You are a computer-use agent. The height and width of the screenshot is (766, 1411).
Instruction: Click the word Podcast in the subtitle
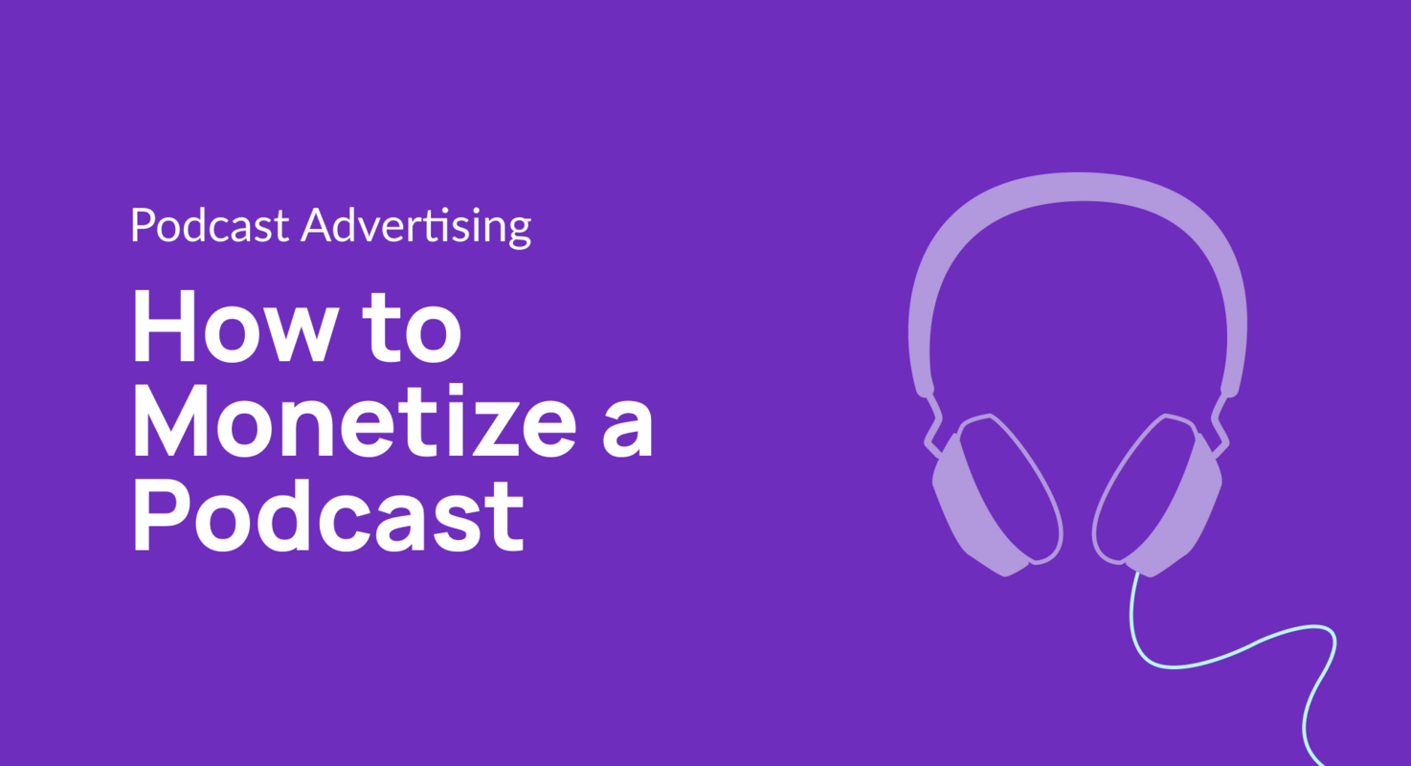pos(210,226)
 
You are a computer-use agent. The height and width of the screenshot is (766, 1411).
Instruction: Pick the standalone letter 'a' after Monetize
pos(628,430)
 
